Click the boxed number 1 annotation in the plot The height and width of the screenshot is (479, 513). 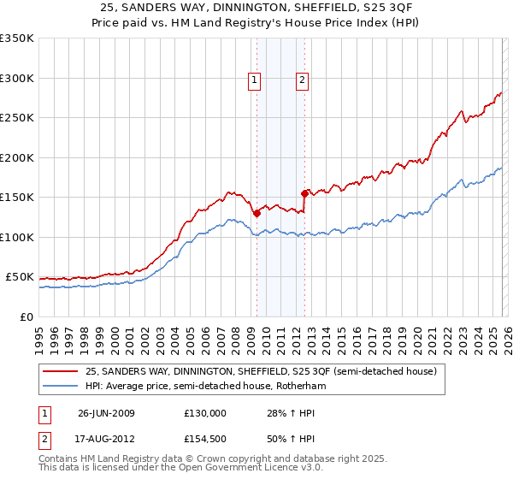point(255,81)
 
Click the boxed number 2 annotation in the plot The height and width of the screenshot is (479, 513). point(303,81)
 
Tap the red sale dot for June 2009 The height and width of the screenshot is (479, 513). point(256,214)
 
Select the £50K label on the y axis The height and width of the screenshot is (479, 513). point(20,277)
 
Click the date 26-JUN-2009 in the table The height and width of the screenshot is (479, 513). point(105,413)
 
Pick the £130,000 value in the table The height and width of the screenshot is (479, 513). point(205,413)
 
